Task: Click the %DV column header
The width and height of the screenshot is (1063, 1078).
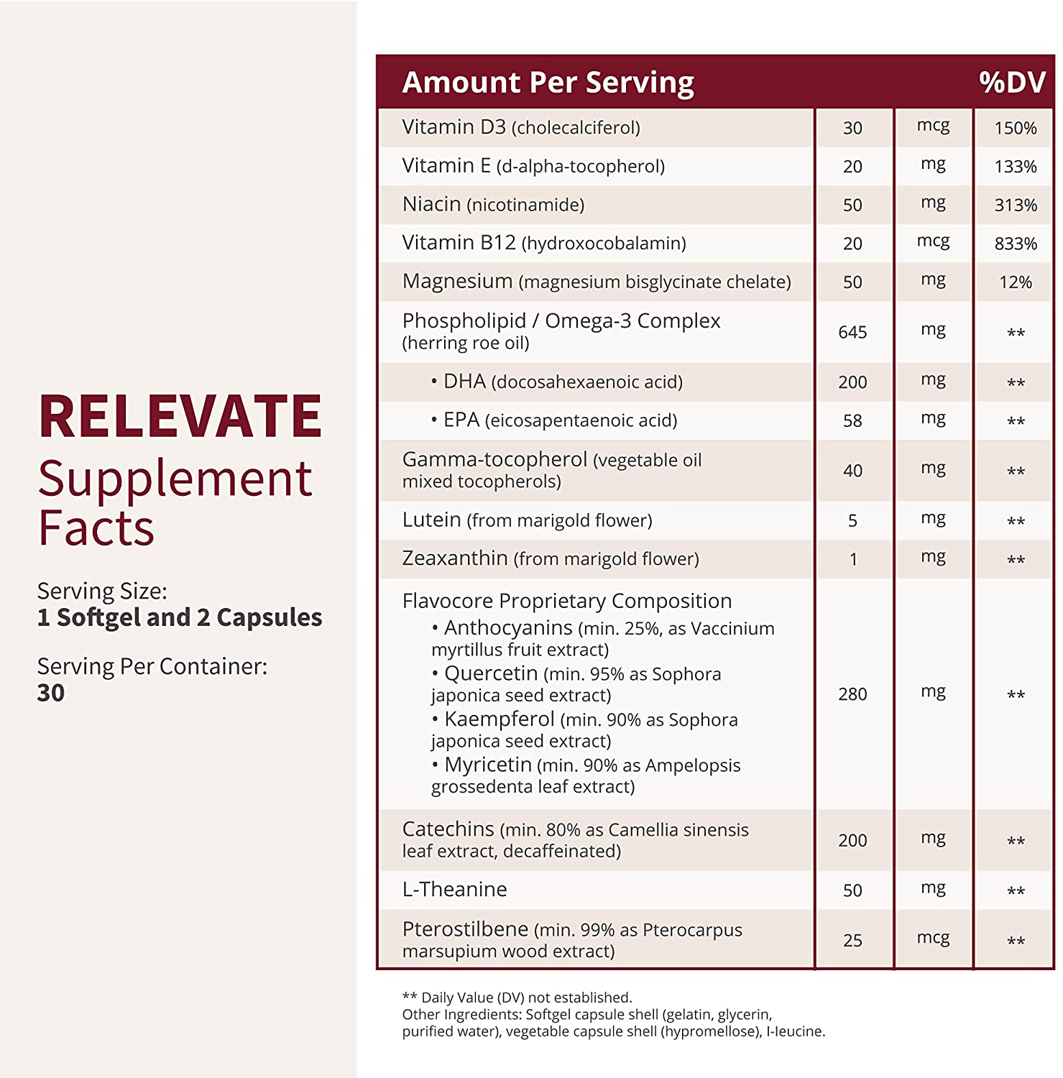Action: point(1012,83)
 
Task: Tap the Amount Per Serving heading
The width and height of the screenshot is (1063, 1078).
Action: point(548,83)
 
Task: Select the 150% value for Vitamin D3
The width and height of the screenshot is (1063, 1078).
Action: point(1016,128)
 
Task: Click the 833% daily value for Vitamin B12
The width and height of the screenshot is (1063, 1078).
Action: point(1016,244)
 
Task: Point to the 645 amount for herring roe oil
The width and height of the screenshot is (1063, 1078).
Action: point(852,332)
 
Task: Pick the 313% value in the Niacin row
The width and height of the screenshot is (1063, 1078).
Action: point(1016,205)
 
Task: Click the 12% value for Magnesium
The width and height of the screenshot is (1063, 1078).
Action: point(1016,282)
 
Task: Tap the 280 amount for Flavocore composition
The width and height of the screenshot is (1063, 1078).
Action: point(852,694)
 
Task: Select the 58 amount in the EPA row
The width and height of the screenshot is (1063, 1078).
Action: point(852,420)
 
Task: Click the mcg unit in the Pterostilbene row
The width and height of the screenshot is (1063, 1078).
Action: point(933,939)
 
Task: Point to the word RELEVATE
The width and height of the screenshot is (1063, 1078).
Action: point(180,416)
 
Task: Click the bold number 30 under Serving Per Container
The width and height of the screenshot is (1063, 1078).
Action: point(51,693)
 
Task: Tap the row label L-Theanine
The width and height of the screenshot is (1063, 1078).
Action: point(454,890)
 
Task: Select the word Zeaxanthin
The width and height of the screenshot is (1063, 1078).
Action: point(455,558)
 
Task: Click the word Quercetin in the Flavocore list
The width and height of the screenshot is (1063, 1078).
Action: point(491,673)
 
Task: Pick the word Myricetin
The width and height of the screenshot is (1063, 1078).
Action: point(488,765)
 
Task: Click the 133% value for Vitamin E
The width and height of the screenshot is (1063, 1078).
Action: point(1016,167)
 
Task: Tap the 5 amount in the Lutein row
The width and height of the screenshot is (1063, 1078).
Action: point(852,520)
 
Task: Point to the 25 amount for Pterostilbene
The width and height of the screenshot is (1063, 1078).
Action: point(852,940)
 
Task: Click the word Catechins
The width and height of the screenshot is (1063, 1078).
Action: point(448,829)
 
